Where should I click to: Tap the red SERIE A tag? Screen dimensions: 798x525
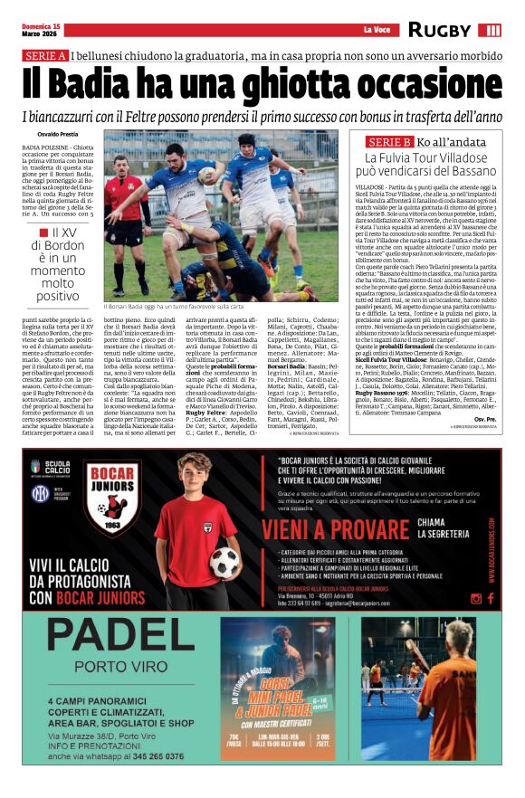45,56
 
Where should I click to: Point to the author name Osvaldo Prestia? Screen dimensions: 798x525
43,133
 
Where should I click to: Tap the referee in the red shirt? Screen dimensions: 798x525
121,208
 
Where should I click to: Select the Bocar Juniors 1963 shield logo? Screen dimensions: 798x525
113,498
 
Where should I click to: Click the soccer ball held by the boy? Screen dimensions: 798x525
224,561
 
